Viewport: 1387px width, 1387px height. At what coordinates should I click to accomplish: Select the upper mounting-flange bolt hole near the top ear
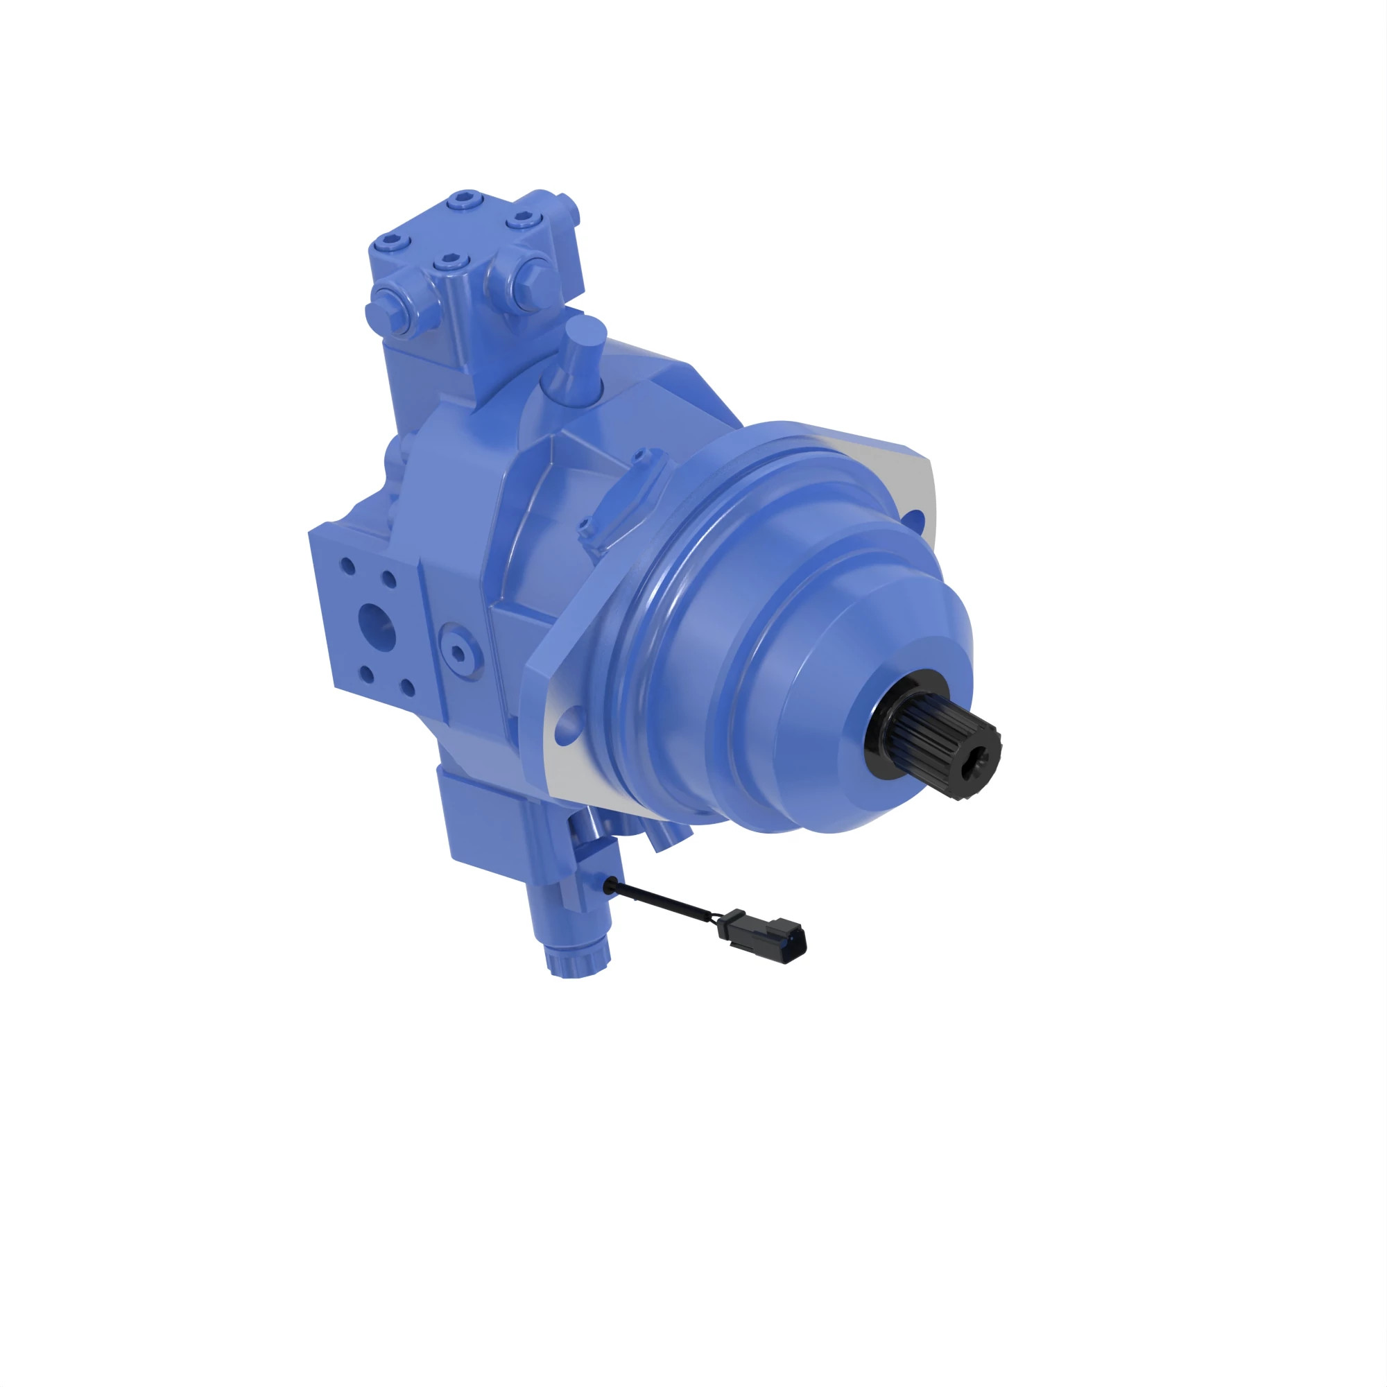[914, 518]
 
